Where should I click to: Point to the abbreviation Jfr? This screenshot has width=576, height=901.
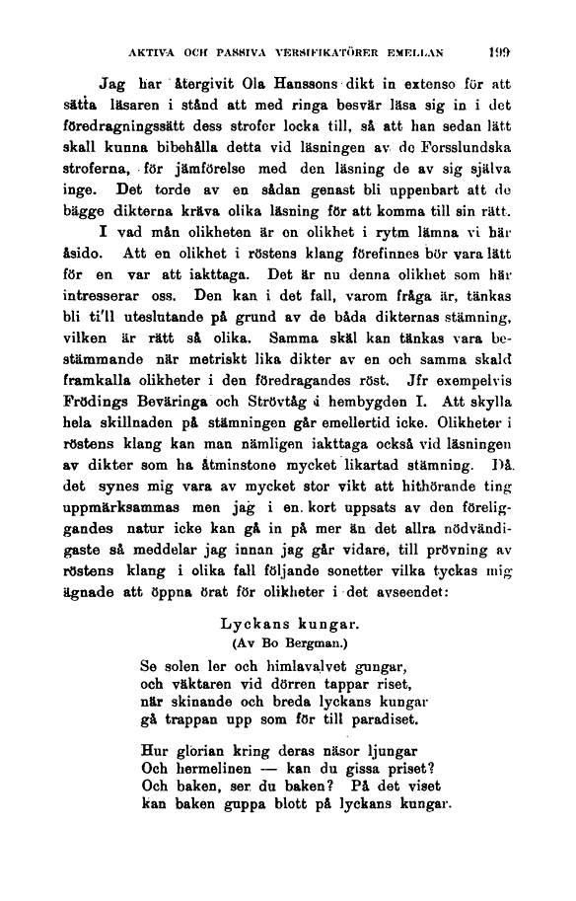point(435,382)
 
